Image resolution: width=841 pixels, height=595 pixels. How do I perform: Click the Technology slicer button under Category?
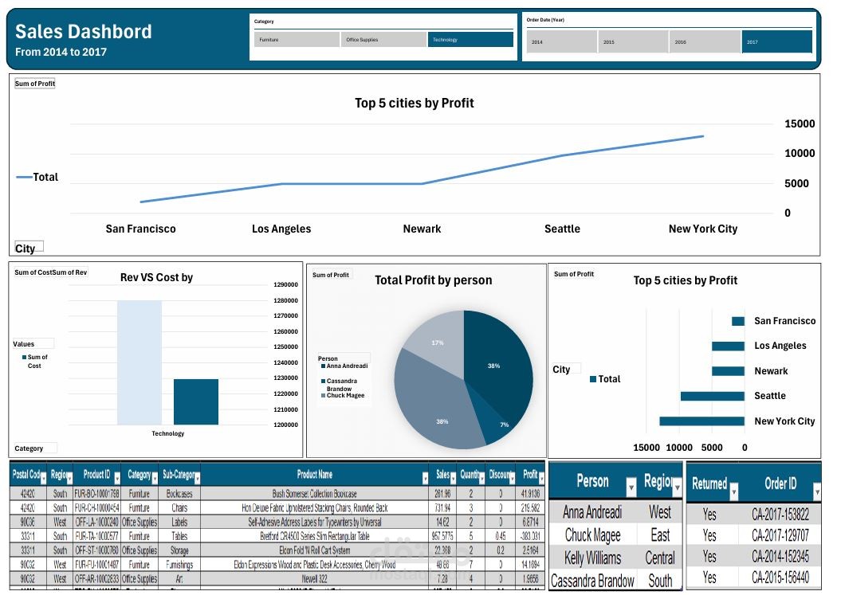pyautogui.click(x=470, y=39)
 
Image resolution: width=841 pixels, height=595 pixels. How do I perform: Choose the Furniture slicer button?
pyautogui.click(x=297, y=39)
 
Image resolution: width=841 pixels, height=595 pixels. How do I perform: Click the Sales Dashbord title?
pyautogui.click(x=83, y=32)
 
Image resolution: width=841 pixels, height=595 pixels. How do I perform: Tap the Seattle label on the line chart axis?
pyautogui.click(x=562, y=229)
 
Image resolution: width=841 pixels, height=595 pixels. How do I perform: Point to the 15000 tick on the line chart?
pyautogui.click(x=799, y=123)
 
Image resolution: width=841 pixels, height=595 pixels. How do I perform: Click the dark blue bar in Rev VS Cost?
pyautogui.click(x=196, y=401)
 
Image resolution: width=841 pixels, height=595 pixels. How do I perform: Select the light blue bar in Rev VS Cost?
pyautogui.click(x=140, y=362)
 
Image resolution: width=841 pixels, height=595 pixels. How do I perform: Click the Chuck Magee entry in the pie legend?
pyautogui.click(x=345, y=395)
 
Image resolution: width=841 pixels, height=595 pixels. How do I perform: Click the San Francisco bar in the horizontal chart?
pyautogui.click(x=737, y=321)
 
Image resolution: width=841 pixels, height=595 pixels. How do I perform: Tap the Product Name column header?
pyautogui.click(x=314, y=474)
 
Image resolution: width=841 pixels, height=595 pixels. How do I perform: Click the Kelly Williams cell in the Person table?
pyautogui.click(x=592, y=558)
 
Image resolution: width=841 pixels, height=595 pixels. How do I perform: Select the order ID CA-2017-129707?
pyautogui.click(x=780, y=535)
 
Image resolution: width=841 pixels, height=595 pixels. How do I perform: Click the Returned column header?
pyautogui.click(x=709, y=483)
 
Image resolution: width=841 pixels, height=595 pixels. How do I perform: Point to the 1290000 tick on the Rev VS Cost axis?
pyautogui.click(x=285, y=284)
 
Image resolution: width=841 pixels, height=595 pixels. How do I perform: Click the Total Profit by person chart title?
pyautogui.click(x=433, y=280)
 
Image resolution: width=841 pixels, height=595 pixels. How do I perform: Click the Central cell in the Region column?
pyautogui.click(x=660, y=558)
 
